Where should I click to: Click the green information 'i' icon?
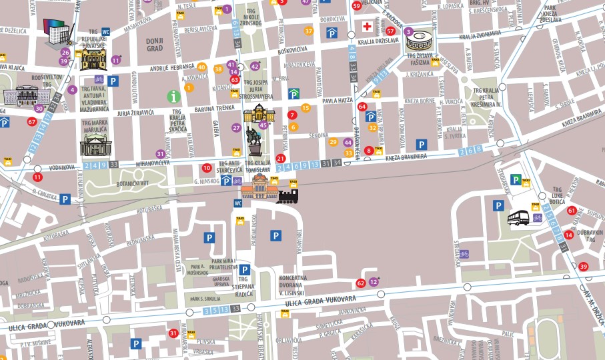173,97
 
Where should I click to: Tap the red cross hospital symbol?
366,27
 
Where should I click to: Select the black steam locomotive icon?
287,195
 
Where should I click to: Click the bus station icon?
518,218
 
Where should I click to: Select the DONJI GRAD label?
155,45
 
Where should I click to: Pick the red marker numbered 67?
31,121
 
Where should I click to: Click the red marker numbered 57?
390,31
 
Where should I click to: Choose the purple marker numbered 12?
374,282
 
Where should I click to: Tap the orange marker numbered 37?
308,31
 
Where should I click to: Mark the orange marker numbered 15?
306,108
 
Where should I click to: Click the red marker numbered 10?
207,168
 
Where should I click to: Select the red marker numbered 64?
362,106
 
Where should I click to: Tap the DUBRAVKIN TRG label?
590,236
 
